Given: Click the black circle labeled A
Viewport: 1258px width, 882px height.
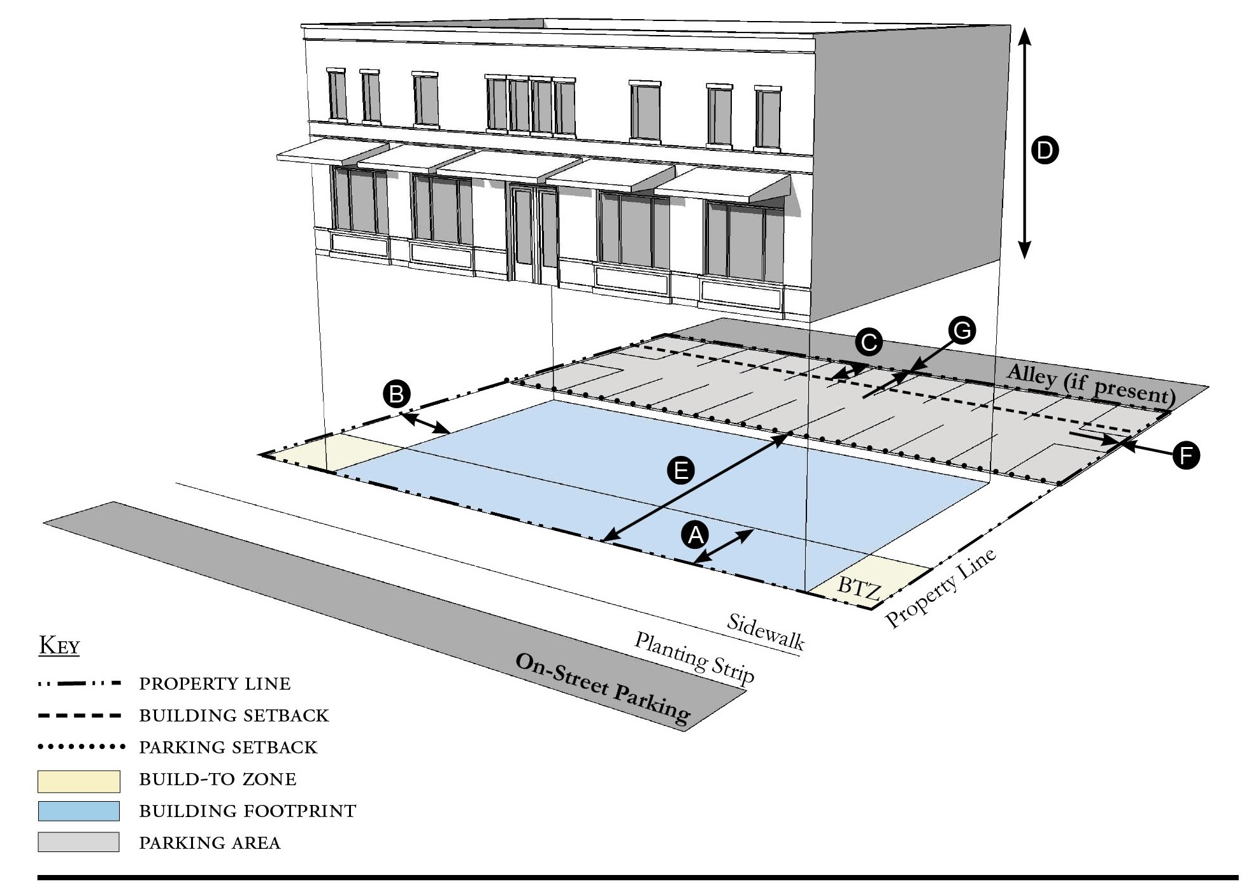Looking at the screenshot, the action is pos(695,534).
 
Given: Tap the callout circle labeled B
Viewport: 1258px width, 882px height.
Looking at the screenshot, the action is pos(396,394).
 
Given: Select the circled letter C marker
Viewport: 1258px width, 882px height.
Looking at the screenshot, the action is pos(869,342).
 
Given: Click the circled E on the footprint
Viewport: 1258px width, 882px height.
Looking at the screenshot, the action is pos(680,471).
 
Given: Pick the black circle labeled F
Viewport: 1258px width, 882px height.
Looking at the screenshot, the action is pos(1185,455).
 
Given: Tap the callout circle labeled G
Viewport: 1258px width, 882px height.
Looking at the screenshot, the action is pos(962,331).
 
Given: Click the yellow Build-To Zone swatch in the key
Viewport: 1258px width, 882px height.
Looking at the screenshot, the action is pos(78,781).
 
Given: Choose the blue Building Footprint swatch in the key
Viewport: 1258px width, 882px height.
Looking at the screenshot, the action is pos(78,811).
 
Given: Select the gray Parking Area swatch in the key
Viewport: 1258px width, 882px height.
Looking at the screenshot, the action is pos(78,842).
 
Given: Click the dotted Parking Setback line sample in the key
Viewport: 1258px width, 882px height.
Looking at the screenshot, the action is pos(80,746).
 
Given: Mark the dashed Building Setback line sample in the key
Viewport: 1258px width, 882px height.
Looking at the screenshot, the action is pos(80,715).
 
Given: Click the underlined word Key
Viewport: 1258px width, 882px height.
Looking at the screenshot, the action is pos(59,646).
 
